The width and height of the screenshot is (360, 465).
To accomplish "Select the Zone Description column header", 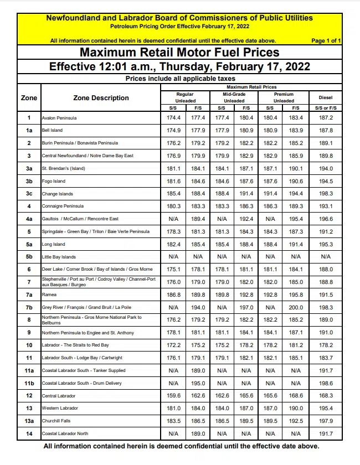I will pos(101,98).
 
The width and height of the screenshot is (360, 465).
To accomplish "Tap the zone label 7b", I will pos(29,307).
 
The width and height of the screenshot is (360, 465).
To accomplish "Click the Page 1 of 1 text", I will pos(326,40).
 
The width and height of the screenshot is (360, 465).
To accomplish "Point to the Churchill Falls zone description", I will pos(56,421).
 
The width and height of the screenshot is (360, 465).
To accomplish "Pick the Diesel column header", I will pos(326,98).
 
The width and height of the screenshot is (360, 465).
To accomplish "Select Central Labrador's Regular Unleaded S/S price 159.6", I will pos(173,396).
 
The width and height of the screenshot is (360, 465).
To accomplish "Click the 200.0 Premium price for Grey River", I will pos(296,307).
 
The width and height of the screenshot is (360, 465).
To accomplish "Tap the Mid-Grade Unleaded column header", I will pos(234,97).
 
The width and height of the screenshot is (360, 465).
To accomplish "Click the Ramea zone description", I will pos(49,294).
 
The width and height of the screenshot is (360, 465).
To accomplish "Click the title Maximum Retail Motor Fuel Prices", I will pos(180,53).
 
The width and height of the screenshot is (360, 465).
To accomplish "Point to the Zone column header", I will pos(29,98).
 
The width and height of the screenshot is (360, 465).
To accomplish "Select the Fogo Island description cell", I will pos(54,181).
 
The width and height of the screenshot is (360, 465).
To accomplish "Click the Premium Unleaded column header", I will pos(284,97).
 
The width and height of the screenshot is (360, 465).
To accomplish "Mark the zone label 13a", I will pos(29,421).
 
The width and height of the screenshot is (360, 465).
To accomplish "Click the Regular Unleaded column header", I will pos(185,97).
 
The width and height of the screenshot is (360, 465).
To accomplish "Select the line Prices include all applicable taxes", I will pos(180,79).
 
